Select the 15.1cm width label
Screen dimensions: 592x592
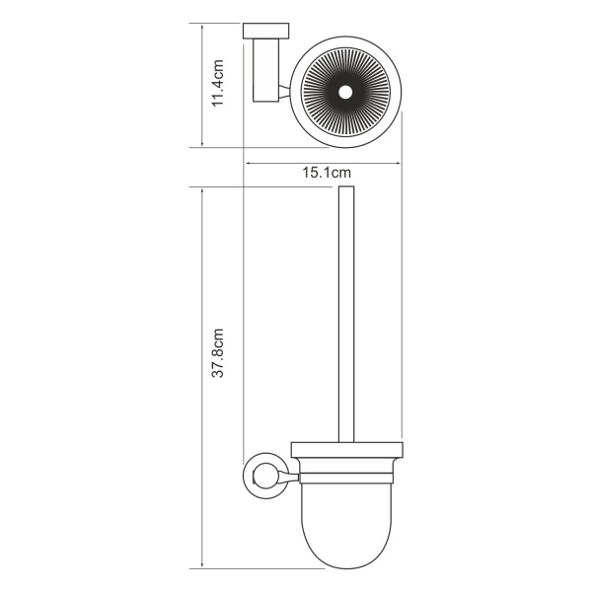(x=327, y=173)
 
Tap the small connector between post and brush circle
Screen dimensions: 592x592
(x=284, y=92)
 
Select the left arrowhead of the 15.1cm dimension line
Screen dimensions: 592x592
(x=248, y=163)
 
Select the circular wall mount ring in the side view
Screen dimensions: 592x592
(x=259, y=478)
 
